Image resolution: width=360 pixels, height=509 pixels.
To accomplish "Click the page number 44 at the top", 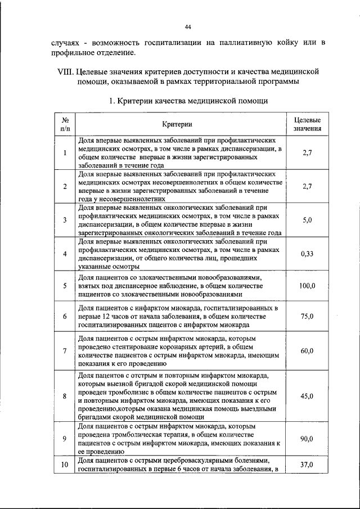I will click(188, 26).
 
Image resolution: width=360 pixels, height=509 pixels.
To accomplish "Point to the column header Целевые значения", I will click(307, 124).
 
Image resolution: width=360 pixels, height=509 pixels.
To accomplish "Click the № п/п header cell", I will click(65, 124).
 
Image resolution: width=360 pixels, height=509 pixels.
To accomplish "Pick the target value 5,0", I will click(307, 220).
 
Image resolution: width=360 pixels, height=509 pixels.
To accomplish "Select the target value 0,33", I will click(307, 254).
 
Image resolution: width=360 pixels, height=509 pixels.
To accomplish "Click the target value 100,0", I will click(307, 286).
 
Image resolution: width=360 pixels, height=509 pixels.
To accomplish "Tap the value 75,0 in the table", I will click(307, 317).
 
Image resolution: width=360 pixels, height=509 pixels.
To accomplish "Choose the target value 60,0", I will click(307, 352).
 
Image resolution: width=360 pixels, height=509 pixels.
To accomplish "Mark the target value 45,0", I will click(307, 396).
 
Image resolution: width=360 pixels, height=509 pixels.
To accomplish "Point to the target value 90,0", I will click(307, 439).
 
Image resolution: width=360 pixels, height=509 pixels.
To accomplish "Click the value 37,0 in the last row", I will click(307, 465).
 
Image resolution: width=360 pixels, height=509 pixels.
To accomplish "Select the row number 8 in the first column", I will click(65, 396).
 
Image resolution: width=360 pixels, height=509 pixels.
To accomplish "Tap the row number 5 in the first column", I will click(65, 286).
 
